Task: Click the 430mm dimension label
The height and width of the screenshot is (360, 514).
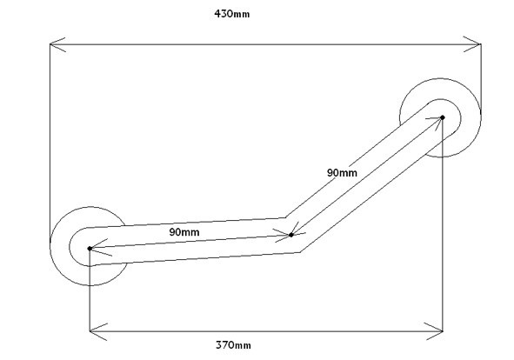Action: pos(231,14)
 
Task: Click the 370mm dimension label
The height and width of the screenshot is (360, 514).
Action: pos(233,345)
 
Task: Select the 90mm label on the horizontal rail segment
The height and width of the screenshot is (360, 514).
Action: pos(184,232)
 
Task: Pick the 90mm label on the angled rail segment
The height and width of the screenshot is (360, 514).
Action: pos(342,173)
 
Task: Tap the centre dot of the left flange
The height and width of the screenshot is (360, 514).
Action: pos(90,249)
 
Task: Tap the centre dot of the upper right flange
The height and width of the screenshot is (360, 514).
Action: pos(442,117)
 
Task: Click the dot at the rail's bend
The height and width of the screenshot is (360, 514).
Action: pos(290,235)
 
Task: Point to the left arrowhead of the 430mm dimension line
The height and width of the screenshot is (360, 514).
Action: pos(57,44)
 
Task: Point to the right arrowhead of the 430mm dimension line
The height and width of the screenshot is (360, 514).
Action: pos(472,44)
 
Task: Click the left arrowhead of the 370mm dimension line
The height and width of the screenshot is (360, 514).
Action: pos(98,331)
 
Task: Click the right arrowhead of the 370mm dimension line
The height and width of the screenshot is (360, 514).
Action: pos(433,331)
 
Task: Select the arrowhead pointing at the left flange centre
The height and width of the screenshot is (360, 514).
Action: pos(101,248)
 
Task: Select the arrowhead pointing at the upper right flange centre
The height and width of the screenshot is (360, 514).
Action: pos(435,123)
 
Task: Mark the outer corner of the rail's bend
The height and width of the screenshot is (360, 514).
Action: pos(300,252)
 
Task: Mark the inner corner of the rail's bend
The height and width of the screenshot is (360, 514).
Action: pos(285,217)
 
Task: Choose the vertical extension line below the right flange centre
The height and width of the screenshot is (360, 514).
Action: pos(443,224)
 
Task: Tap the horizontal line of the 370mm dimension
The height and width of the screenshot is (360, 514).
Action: pos(266,331)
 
